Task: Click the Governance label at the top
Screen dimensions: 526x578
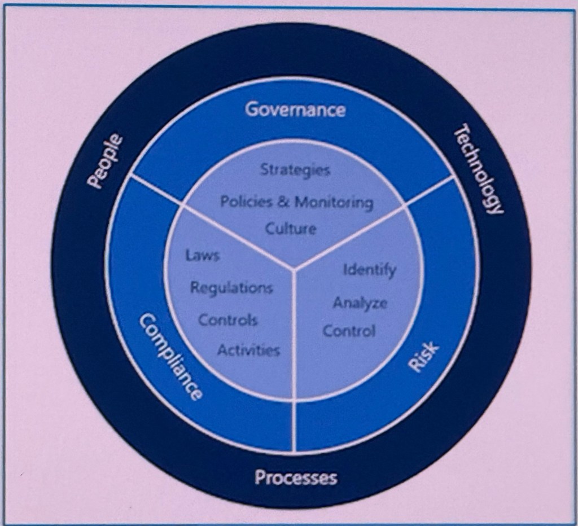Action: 295,109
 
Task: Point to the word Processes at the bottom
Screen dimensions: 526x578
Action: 296,478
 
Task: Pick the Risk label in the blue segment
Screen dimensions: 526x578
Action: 423,358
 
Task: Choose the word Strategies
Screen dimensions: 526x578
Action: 295,170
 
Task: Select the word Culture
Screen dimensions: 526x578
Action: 291,229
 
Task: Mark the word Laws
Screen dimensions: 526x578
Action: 202,256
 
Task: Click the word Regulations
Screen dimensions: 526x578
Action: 231,288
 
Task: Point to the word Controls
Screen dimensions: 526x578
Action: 227,320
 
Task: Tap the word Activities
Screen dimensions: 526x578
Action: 248,350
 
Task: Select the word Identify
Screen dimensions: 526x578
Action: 370,270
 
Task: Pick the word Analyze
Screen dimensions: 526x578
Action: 360,303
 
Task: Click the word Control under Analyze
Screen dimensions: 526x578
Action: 349,331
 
